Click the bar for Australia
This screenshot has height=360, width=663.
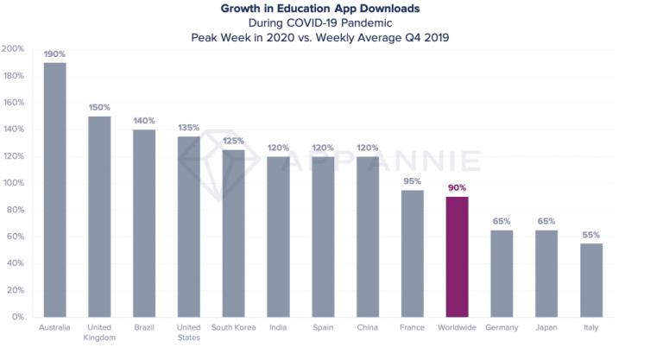tap(54, 190)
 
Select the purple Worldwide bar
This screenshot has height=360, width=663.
tap(458, 256)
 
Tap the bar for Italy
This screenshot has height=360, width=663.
tap(591, 280)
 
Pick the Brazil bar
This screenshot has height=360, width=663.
tap(144, 223)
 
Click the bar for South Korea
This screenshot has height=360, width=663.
tap(234, 233)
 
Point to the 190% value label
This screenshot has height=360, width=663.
tap(54, 54)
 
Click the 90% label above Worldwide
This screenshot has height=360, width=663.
tap(458, 187)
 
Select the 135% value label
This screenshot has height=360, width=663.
tap(189, 128)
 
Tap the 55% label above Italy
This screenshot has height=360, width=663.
tap(591, 235)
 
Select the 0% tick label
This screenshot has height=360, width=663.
tap(16, 317)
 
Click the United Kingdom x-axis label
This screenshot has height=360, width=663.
tap(99, 333)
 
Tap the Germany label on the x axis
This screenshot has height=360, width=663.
tap(502, 328)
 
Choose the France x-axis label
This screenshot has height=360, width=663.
tap(413, 328)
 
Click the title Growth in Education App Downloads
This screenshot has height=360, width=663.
tap(331, 9)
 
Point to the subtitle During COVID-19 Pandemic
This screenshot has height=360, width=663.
tap(331, 22)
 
